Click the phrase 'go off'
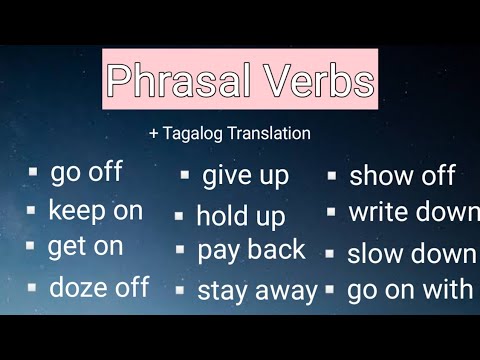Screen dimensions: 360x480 click(x=86, y=171)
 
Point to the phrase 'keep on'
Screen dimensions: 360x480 click(x=95, y=210)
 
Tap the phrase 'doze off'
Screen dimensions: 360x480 click(x=99, y=288)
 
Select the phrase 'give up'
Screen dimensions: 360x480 click(x=245, y=176)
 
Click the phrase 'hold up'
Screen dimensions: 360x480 click(x=240, y=215)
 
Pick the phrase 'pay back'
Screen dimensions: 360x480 click(x=251, y=250)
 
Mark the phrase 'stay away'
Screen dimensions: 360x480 click(x=257, y=291)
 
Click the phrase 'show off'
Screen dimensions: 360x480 click(x=402, y=177)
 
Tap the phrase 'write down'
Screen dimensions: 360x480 click(x=412, y=212)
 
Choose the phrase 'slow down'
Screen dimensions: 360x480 click(x=411, y=254)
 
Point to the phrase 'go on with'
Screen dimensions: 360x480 click(x=409, y=290)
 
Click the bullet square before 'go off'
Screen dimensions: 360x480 click(x=32, y=172)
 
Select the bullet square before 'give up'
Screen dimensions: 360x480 click(x=185, y=174)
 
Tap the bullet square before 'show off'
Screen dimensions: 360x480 click(x=331, y=174)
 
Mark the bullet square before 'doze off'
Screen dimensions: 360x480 click(x=32, y=288)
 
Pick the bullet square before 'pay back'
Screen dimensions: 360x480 click(x=180, y=250)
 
